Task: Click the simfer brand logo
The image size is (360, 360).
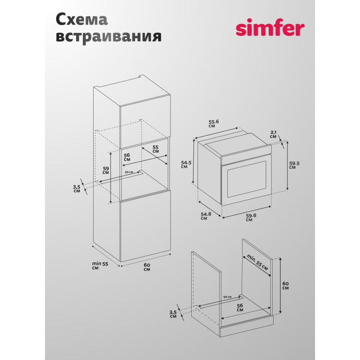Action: point(270,27)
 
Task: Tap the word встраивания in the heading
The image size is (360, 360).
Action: point(108,36)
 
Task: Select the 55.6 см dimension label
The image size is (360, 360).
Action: point(213,123)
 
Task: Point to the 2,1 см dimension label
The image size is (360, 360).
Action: point(274,134)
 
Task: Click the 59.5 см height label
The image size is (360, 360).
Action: point(294,165)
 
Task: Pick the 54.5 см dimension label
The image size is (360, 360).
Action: point(186,165)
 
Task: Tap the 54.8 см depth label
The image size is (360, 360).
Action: point(206,216)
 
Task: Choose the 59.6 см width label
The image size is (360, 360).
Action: point(251,217)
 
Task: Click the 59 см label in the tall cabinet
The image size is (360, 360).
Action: point(106,171)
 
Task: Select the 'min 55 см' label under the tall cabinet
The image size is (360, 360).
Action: point(100,265)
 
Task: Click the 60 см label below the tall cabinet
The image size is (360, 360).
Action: point(147,267)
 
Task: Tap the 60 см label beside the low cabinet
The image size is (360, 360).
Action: point(285,286)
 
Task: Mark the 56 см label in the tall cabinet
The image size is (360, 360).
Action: point(127,157)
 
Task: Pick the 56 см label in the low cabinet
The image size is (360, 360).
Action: point(240,308)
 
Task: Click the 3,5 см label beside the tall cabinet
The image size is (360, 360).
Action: point(76,189)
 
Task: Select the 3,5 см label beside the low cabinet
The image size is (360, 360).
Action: point(173,314)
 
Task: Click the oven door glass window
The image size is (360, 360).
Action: point(247,179)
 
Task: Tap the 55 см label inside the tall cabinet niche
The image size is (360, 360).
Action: point(155,149)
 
